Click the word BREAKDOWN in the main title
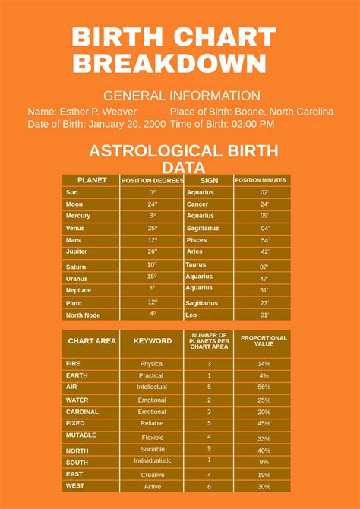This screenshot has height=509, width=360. tap(169, 64)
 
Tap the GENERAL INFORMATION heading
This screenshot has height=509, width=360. tap(182, 96)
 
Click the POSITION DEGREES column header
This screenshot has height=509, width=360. tap(153, 181)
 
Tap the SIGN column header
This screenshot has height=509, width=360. tap(209, 181)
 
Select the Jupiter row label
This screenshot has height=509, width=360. tap(77, 251)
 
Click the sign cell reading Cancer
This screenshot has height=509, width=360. tap(197, 204)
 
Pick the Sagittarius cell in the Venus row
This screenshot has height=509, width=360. tap(203, 228)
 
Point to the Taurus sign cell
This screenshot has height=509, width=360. tap(196, 264)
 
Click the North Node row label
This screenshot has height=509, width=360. tap(83, 315)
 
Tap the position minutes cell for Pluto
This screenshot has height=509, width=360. tap(264, 302)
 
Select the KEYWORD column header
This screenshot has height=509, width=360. tap(153, 341)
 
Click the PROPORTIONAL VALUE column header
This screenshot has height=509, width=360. tap(264, 341)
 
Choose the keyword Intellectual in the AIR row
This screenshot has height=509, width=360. tap(152, 387)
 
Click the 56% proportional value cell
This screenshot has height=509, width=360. tap(264, 387)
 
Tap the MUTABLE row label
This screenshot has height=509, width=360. tap(81, 435)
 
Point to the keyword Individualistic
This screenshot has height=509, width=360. tap(153, 460)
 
